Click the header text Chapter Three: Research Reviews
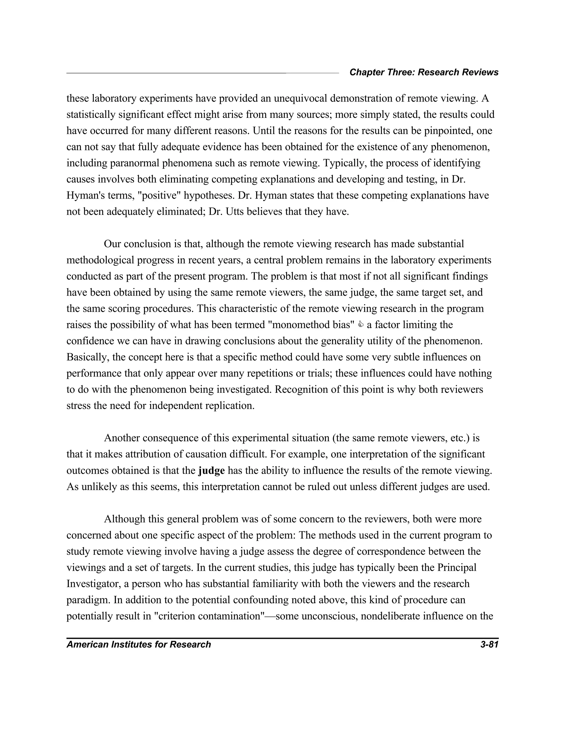click(x=424, y=72)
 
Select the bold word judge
click(x=211, y=471)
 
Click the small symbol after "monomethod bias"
click(x=361, y=324)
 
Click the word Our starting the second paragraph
click(x=112, y=244)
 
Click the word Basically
click(x=88, y=357)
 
